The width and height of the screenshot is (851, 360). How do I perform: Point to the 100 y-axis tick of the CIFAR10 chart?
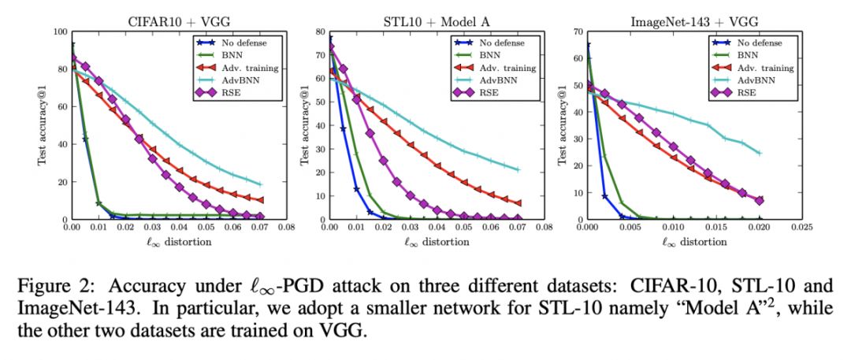click(58, 32)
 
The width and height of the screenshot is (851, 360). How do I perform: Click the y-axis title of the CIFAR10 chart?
click(43, 125)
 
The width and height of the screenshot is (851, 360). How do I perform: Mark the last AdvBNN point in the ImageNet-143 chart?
click(759, 154)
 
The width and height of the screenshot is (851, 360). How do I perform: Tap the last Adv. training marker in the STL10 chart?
click(518, 203)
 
